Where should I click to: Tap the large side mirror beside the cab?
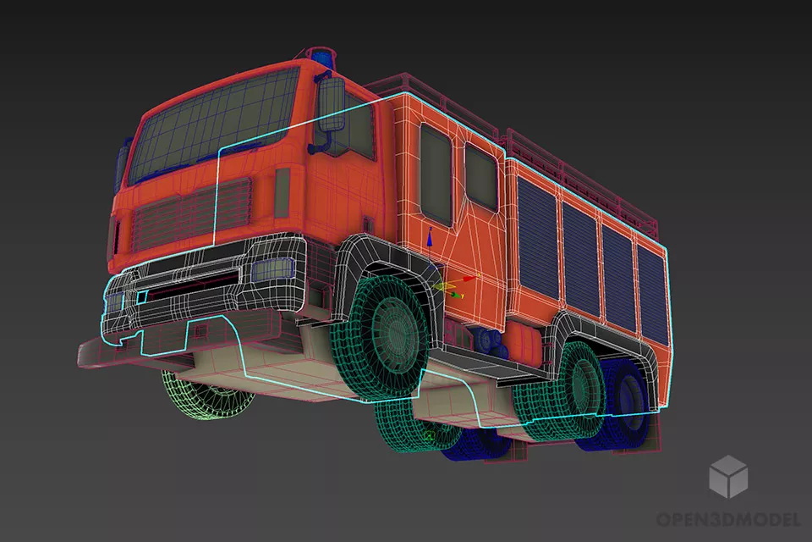331,103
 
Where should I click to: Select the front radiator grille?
192,212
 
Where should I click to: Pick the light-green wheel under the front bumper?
207,393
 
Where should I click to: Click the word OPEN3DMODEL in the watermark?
728,518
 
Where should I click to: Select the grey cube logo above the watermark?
728,476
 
